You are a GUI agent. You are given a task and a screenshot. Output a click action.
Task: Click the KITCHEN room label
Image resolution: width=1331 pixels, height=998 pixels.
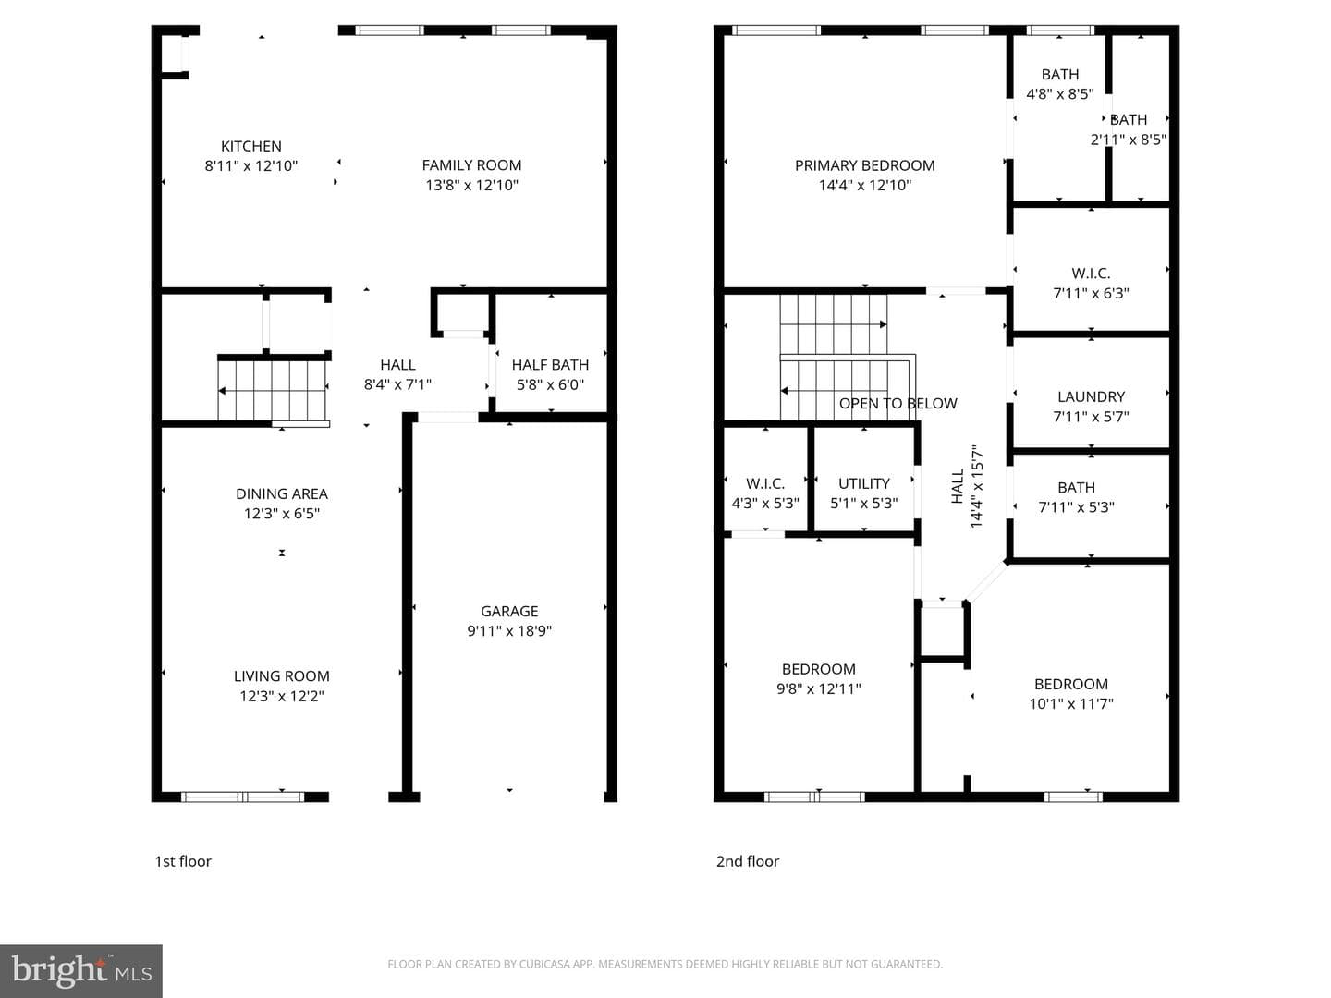click(x=251, y=146)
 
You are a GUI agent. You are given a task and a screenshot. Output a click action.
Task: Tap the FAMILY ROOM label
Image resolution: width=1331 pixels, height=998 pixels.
click(x=471, y=165)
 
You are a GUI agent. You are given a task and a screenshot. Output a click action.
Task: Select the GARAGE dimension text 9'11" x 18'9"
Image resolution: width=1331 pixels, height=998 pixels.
click(x=509, y=631)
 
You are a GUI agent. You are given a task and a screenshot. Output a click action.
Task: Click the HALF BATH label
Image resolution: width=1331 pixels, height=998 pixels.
click(x=550, y=365)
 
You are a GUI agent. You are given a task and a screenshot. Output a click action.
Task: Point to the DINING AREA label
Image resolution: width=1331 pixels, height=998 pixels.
click(x=282, y=493)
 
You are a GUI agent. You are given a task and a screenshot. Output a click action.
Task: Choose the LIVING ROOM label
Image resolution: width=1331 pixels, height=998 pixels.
click(x=282, y=676)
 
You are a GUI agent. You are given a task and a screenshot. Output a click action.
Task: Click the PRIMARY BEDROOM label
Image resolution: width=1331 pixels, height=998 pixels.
click(x=865, y=165)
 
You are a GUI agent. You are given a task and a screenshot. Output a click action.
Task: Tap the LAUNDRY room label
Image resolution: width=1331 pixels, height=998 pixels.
click(x=1091, y=397)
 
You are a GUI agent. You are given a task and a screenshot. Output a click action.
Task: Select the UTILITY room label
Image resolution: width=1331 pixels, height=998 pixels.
click(x=864, y=483)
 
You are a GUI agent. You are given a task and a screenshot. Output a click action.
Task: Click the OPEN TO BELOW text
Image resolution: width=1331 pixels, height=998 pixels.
click(x=898, y=404)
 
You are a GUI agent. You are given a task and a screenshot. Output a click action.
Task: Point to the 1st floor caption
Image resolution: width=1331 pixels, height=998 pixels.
click(x=183, y=861)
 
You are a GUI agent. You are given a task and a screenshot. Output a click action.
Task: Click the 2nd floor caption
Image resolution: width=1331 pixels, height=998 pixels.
click(x=748, y=861)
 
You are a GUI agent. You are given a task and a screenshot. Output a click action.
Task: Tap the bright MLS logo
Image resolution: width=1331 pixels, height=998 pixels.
click(x=81, y=970)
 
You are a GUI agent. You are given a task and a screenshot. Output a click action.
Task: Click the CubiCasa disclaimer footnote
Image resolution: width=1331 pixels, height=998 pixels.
click(x=665, y=964)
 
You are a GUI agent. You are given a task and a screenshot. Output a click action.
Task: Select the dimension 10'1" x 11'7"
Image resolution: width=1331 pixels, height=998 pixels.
click(x=1071, y=703)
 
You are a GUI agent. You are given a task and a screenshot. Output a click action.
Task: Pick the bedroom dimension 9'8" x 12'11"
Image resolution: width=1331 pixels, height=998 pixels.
click(x=819, y=689)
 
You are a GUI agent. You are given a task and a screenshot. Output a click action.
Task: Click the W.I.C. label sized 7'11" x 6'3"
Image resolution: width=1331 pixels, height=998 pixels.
click(x=1091, y=274)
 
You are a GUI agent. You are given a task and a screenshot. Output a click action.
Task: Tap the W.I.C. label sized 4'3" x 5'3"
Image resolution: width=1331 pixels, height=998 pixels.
click(x=765, y=483)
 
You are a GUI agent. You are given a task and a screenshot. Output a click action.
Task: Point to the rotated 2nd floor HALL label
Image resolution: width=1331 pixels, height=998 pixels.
click(x=958, y=486)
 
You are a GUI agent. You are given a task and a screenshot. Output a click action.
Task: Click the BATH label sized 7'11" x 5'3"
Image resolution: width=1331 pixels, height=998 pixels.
click(x=1076, y=488)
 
